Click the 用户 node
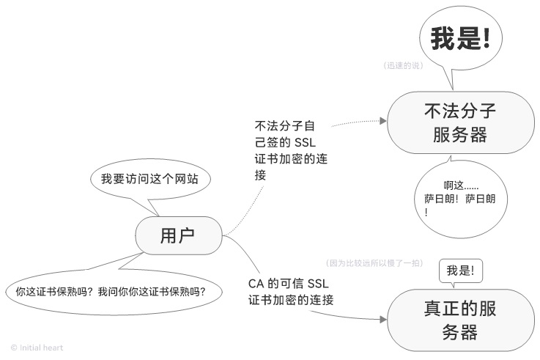tap(179, 235)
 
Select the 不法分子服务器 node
tap(460, 122)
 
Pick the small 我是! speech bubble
tap(461, 271)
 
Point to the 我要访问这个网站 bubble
tap(149, 179)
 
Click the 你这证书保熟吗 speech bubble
tap(111, 291)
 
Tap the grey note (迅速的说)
tap(404, 65)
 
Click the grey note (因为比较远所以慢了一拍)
tap(374, 262)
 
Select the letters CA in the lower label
tap(256, 283)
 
